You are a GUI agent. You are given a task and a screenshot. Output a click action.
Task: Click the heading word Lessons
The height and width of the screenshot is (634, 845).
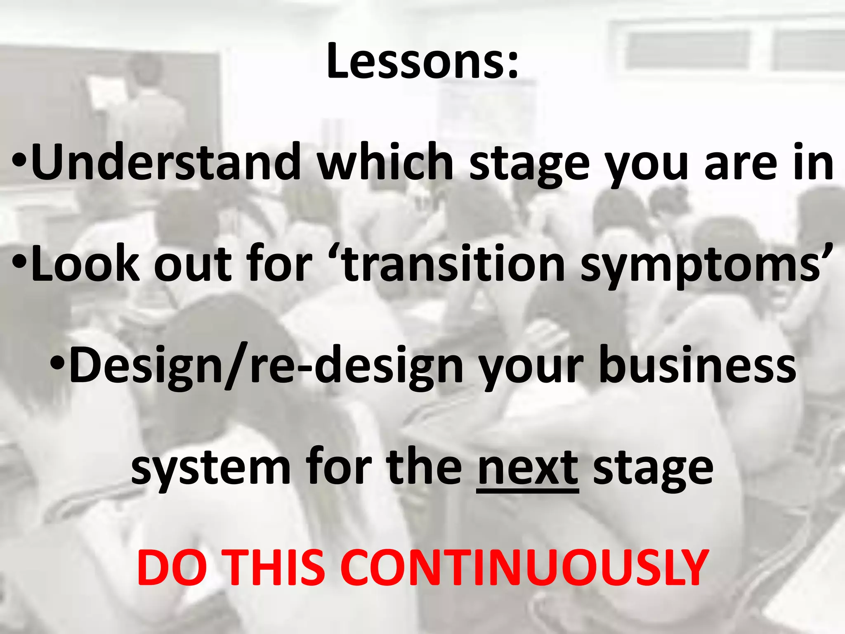pos(422,61)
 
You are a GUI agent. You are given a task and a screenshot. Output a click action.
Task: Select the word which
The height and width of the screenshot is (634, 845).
pos(385,162)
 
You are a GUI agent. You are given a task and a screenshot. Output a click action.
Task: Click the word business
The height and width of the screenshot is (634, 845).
pos(697,365)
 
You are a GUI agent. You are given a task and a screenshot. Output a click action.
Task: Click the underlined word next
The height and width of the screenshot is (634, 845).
pos(528,468)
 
